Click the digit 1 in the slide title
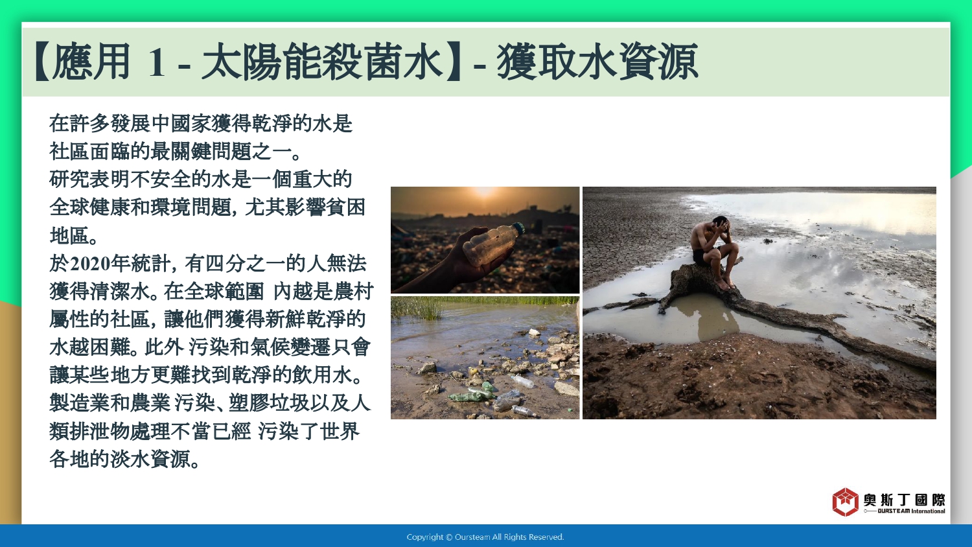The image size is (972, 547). (x=157, y=62)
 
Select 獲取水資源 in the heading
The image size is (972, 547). (x=597, y=62)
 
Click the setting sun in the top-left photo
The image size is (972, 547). (x=484, y=191)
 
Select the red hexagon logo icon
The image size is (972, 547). (x=845, y=502)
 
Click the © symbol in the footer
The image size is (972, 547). (x=449, y=537)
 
